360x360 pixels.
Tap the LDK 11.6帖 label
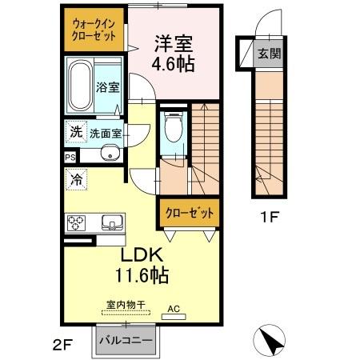143,264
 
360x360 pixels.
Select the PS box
70,157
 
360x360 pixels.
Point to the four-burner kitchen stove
78,222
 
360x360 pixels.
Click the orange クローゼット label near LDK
190,213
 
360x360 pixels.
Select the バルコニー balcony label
126,340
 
